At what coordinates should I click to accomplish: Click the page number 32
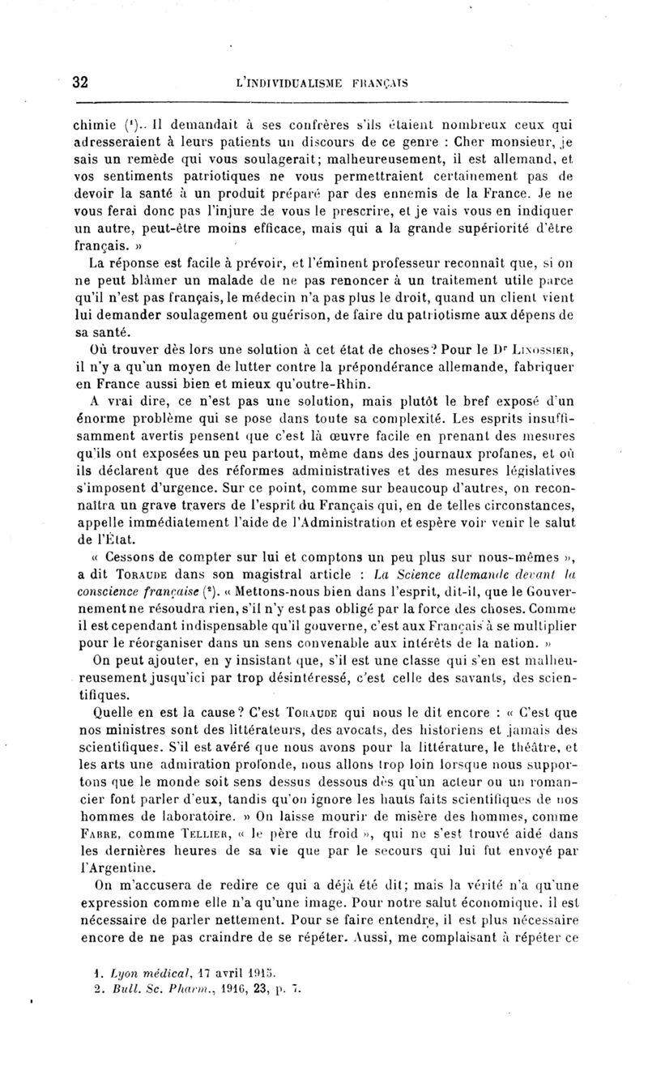click(x=80, y=82)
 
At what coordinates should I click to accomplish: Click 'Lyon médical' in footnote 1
click(x=156, y=972)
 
